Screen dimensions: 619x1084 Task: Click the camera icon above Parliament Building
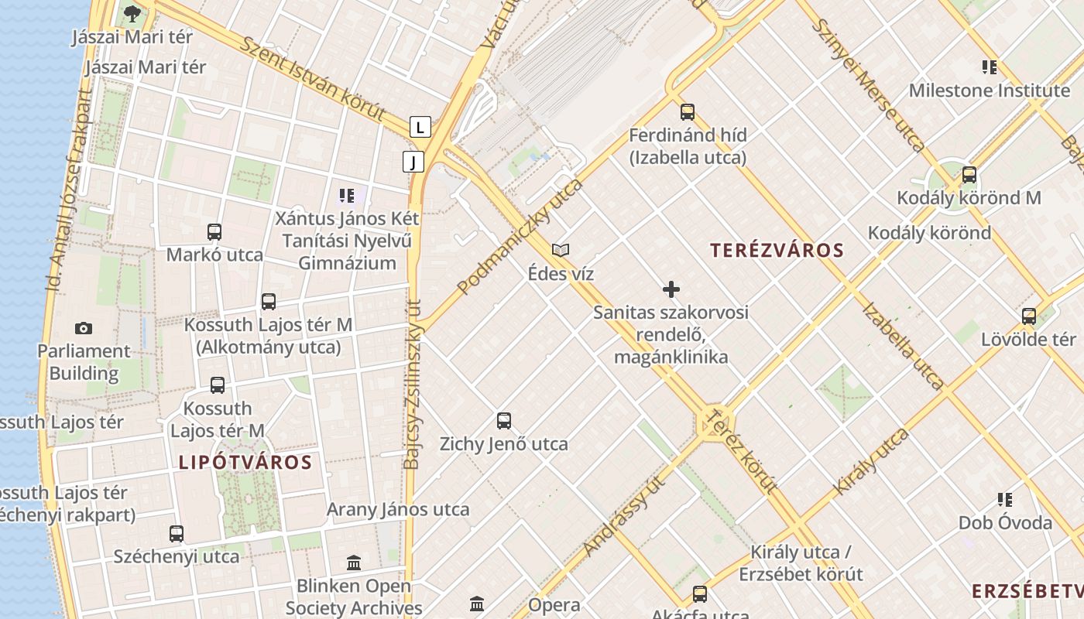84,328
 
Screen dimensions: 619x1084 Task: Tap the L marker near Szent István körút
420,126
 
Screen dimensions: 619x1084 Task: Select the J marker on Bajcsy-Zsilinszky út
413,162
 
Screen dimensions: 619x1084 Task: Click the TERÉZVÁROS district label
777,250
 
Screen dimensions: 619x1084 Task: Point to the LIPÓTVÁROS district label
245,463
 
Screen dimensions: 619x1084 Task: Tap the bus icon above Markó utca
214,231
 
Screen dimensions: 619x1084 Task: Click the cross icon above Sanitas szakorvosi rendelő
671,289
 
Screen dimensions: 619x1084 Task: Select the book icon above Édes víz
561,250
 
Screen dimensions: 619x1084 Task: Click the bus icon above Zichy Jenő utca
504,421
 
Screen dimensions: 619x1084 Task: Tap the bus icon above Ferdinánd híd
688,112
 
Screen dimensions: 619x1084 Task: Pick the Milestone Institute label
989,91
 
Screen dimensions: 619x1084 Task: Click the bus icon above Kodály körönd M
969,175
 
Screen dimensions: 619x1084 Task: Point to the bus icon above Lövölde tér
1029,316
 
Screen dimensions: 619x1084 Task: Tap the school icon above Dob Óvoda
1005,500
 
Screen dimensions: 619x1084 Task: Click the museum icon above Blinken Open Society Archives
354,563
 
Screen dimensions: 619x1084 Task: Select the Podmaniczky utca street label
520,237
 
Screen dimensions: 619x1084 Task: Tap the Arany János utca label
398,509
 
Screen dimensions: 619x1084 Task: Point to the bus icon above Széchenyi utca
177,533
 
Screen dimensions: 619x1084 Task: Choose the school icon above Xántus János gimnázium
347,196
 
